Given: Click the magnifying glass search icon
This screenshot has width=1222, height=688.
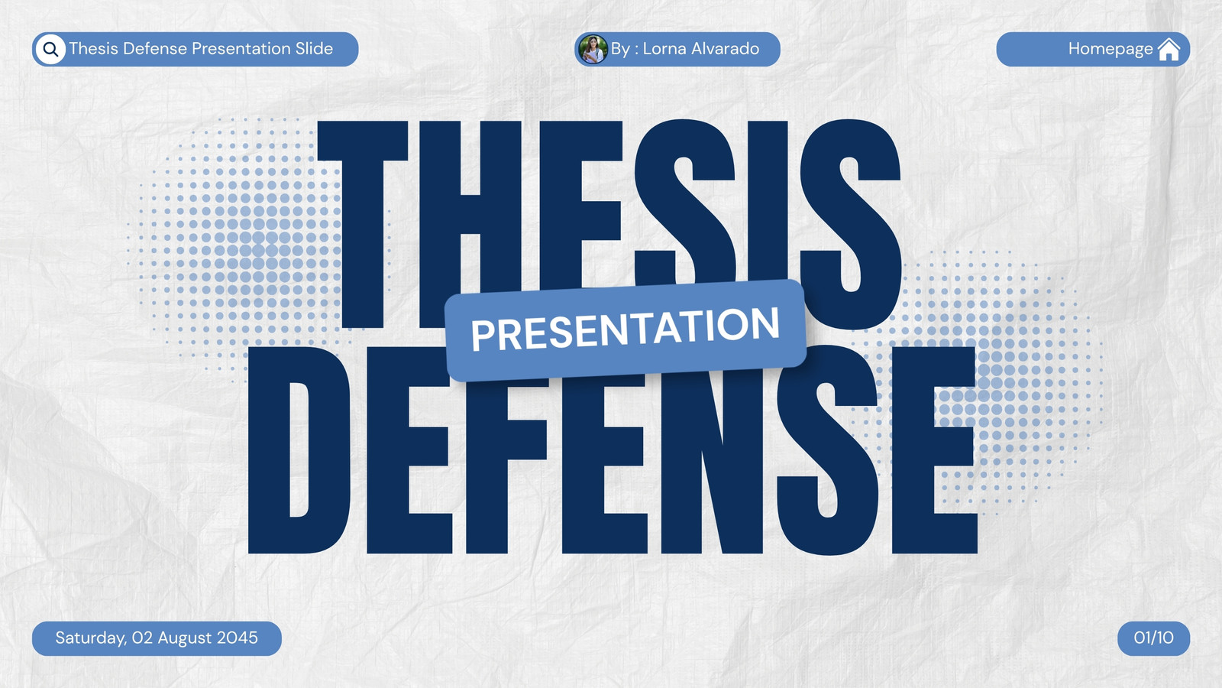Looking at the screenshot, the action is tap(50, 49).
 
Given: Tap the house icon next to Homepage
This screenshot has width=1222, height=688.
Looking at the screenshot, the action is tap(1169, 50).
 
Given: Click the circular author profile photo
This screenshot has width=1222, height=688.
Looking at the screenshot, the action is tap(593, 49).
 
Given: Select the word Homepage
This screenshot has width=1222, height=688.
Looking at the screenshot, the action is tap(1110, 49).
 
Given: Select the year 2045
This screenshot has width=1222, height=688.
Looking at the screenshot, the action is tap(237, 638).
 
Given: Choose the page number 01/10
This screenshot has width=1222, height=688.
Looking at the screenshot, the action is tap(1153, 638).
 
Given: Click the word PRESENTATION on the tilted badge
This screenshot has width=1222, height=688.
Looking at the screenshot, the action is tap(626, 329).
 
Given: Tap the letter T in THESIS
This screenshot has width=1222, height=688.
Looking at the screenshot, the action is tap(363, 225).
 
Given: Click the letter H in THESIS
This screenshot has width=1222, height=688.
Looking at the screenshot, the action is tap(470, 225).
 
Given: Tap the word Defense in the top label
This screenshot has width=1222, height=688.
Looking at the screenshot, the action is tap(155, 49).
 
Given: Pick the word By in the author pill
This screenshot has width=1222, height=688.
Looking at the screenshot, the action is tap(620, 49).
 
